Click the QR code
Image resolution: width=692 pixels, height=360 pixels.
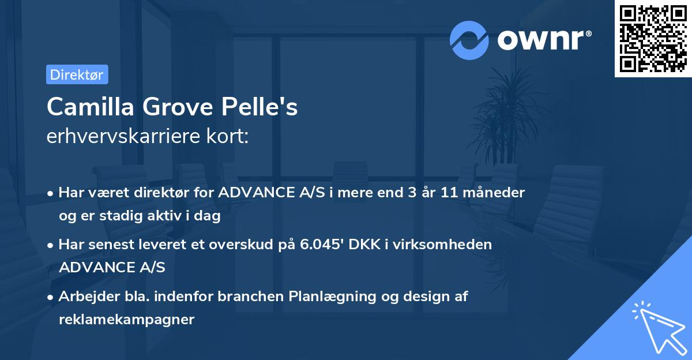pyautogui.click(x=653, y=39)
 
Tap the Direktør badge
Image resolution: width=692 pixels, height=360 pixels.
pyautogui.click(x=77, y=74)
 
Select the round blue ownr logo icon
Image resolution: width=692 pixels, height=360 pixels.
pyautogui.click(x=469, y=40)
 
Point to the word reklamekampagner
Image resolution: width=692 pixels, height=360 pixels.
pyautogui.click(x=126, y=319)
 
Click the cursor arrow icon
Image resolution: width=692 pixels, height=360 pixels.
pyautogui.click(x=657, y=326)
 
